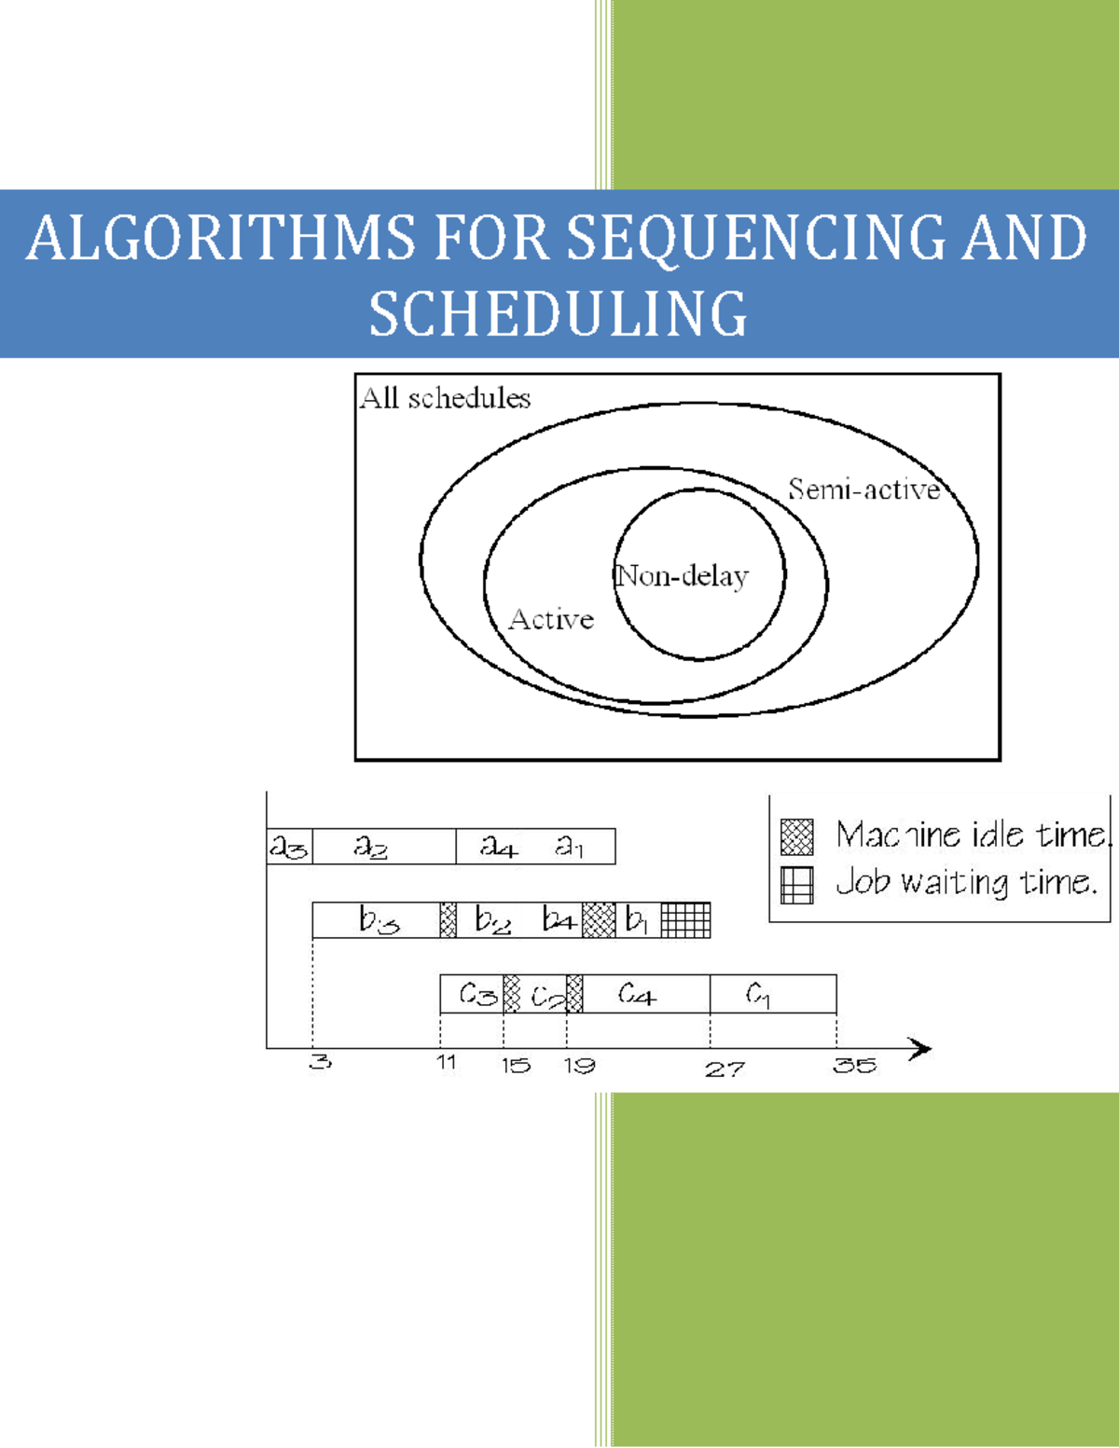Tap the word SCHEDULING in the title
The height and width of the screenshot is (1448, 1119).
(x=558, y=314)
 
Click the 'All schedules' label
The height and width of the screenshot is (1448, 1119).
(x=445, y=398)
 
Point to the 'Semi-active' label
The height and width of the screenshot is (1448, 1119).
(x=863, y=490)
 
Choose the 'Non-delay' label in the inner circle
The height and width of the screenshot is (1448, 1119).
(x=683, y=576)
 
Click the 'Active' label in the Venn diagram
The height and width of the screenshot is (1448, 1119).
(x=551, y=619)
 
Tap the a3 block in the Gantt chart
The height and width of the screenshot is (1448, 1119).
(x=289, y=847)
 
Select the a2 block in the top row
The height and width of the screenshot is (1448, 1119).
(x=382, y=847)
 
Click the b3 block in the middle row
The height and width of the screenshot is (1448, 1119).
(x=376, y=920)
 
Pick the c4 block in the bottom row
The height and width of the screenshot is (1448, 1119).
(x=645, y=995)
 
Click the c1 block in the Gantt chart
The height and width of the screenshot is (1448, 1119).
(x=772, y=995)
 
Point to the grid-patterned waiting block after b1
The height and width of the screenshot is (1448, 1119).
(x=685, y=920)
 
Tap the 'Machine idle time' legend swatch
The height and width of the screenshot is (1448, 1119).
(x=796, y=836)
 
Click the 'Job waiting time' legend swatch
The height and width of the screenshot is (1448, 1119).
(x=796, y=885)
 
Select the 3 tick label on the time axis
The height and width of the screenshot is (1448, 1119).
(x=319, y=1062)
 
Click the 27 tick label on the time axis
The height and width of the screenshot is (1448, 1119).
(x=725, y=1069)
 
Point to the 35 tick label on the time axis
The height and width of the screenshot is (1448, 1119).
(x=854, y=1066)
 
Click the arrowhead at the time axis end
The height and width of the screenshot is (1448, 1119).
(x=920, y=1049)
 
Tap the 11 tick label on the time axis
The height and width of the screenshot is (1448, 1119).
(x=447, y=1062)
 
